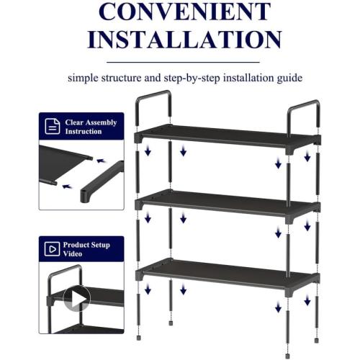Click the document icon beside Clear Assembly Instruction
click(52, 127)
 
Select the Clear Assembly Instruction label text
click(91, 127)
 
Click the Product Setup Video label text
click(87, 249)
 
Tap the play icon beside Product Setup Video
click(52, 249)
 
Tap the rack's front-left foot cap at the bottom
click(139, 335)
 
